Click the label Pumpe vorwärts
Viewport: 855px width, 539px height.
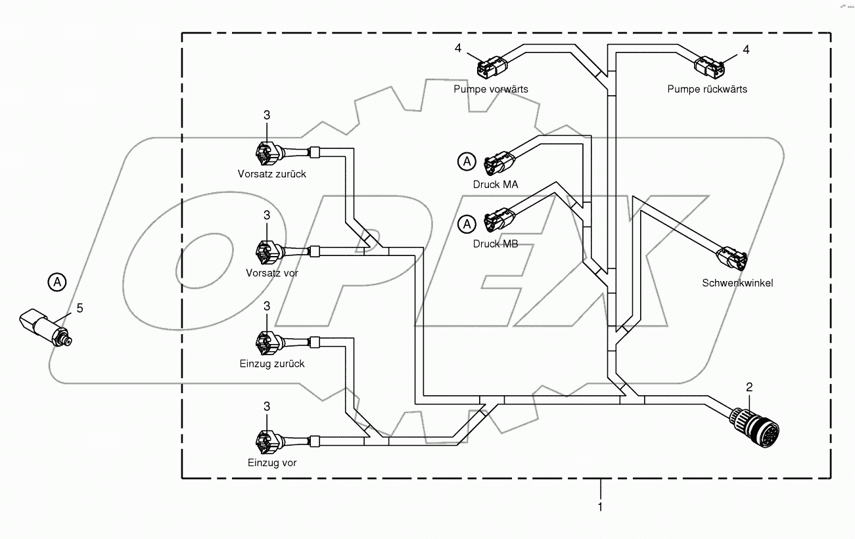(x=490, y=89)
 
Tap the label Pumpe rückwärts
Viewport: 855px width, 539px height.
(x=707, y=89)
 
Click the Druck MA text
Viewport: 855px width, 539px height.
(x=496, y=184)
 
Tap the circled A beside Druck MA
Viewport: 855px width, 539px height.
(x=466, y=161)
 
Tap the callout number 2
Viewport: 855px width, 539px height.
(x=749, y=387)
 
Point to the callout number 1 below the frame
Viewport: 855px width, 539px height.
(x=599, y=506)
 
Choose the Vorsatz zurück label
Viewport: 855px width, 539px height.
(x=272, y=174)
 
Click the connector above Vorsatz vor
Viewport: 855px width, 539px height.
(x=268, y=249)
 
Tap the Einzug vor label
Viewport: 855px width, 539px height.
(x=272, y=463)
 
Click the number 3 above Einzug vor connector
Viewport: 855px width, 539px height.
(x=267, y=407)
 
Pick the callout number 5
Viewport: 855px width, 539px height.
(x=80, y=307)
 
